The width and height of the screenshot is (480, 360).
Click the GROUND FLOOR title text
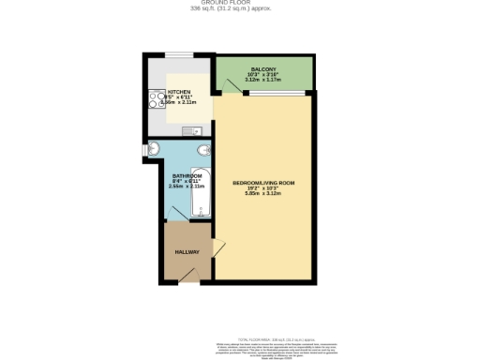[x=240, y=4]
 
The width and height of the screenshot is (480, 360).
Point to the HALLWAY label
[x=187, y=251]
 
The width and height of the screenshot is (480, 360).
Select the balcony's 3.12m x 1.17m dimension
[x=263, y=80]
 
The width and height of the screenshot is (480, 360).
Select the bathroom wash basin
[x=153, y=149]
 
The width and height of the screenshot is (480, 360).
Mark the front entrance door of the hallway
[x=190, y=273]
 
